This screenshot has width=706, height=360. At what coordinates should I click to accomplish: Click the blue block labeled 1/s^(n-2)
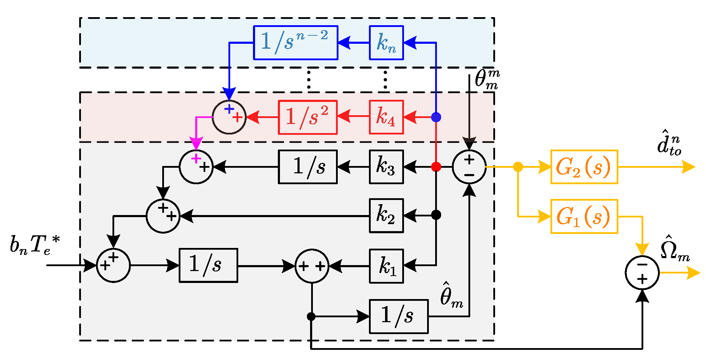(x=296, y=42)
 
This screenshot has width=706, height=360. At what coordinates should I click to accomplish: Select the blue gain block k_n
(x=386, y=42)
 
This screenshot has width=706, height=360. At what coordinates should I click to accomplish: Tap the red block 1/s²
(x=308, y=117)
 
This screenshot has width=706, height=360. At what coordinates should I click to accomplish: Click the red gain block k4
(x=386, y=117)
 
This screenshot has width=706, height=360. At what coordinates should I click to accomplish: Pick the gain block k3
(x=386, y=167)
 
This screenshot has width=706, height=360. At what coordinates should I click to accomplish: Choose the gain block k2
(x=386, y=216)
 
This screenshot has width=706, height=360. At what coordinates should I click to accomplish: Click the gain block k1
(x=386, y=266)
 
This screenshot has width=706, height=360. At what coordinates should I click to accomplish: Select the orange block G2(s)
(x=584, y=167)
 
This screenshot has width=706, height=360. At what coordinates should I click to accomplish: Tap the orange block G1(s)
(x=584, y=216)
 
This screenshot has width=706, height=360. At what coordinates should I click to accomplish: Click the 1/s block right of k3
(x=308, y=167)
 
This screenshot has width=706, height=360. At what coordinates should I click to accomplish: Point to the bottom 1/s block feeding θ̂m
(x=399, y=316)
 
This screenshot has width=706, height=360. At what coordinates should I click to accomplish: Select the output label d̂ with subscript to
(x=669, y=143)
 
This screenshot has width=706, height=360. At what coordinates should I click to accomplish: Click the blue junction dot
(x=436, y=117)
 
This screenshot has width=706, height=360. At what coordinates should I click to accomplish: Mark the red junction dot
(x=436, y=167)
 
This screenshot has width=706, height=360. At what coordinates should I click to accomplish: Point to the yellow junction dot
(x=518, y=167)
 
